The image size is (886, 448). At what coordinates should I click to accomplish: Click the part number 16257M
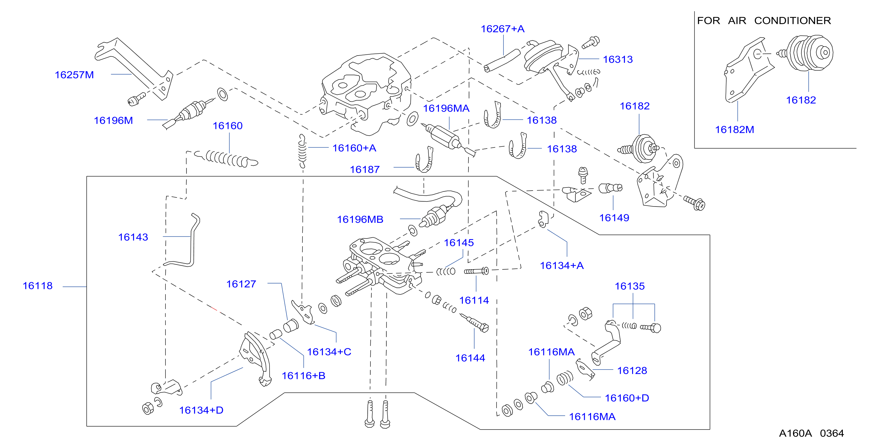point(74,75)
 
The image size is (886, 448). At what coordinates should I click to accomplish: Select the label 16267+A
point(503,29)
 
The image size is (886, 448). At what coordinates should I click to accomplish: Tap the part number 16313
point(618,59)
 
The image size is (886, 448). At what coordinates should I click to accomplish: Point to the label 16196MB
point(360,219)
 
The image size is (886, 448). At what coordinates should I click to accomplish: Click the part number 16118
point(37,286)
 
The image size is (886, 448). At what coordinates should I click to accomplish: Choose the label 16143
point(133,237)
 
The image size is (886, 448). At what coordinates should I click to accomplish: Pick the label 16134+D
point(201,410)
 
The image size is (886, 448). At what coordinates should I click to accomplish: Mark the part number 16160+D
point(627,398)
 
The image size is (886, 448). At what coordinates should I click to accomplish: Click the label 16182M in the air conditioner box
point(735,130)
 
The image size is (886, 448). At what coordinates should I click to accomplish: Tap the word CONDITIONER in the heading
point(792,21)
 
